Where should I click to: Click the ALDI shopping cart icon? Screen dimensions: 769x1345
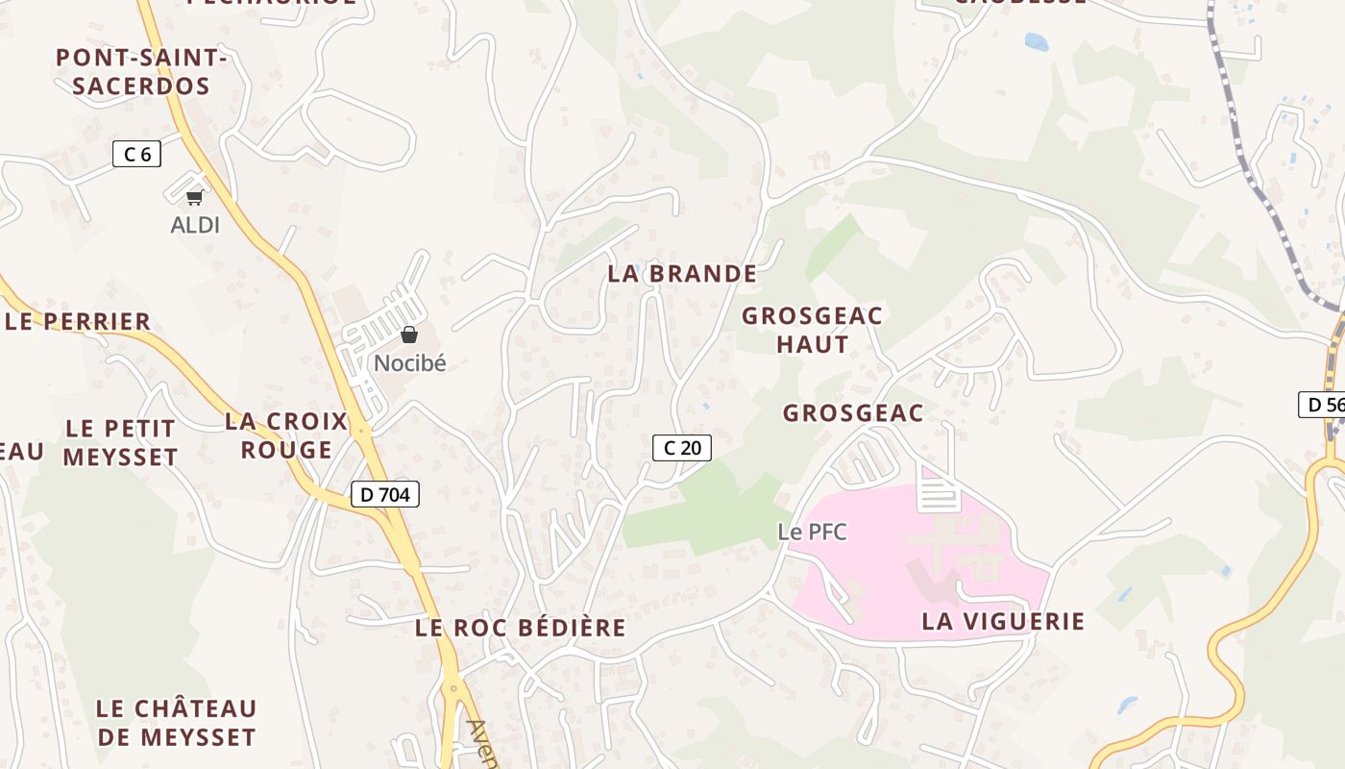tap(195, 197)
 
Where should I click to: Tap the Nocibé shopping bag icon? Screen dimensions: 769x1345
tap(409, 335)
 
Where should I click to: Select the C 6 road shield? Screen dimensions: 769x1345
tap(136, 153)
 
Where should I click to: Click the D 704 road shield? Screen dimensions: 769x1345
tap(384, 494)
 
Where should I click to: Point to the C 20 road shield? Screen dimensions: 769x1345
tap(682, 447)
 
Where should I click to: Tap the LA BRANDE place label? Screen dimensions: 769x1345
tap(682, 274)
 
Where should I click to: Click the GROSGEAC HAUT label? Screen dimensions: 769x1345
tap(812, 330)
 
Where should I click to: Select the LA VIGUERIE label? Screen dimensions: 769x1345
tap(1003, 622)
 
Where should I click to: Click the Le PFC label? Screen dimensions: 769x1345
tap(813, 532)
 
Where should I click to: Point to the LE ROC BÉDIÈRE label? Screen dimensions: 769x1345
tap(521, 629)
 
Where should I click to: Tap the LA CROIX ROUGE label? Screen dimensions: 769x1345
tap(286, 435)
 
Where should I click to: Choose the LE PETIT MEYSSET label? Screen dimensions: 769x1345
tap(120, 442)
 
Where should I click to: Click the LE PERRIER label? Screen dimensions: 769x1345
tap(79, 322)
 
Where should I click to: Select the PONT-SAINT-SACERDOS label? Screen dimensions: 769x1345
tap(141, 72)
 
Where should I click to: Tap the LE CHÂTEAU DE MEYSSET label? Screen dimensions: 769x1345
tap(176, 723)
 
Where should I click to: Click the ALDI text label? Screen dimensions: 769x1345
tap(195, 226)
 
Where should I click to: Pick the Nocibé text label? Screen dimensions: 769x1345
tap(410, 363)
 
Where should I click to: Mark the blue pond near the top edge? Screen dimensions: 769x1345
tap(1037, 41)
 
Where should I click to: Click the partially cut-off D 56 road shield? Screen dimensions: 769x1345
tap(1323, 405)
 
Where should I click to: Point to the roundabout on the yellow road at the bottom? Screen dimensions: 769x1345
tap(451, 688)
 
